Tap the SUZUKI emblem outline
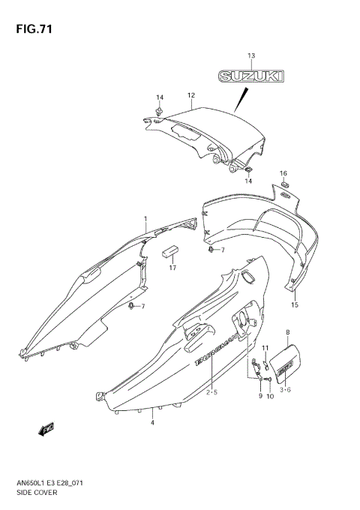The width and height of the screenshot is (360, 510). coord(251,75)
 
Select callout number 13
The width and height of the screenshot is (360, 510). coord(251,56)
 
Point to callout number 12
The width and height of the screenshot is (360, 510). coord(191,95)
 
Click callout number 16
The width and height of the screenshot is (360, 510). coord(283,172)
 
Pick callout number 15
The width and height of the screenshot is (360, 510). coord(295,305)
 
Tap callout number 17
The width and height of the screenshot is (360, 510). coord(172,268)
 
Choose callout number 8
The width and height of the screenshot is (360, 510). coord(288,331)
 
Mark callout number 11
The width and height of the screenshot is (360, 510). coord(265,348)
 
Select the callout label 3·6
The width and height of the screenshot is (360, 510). coord(286,390)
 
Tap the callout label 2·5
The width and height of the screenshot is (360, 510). coord(212,391)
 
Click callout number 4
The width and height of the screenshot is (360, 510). coord(152,423)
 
